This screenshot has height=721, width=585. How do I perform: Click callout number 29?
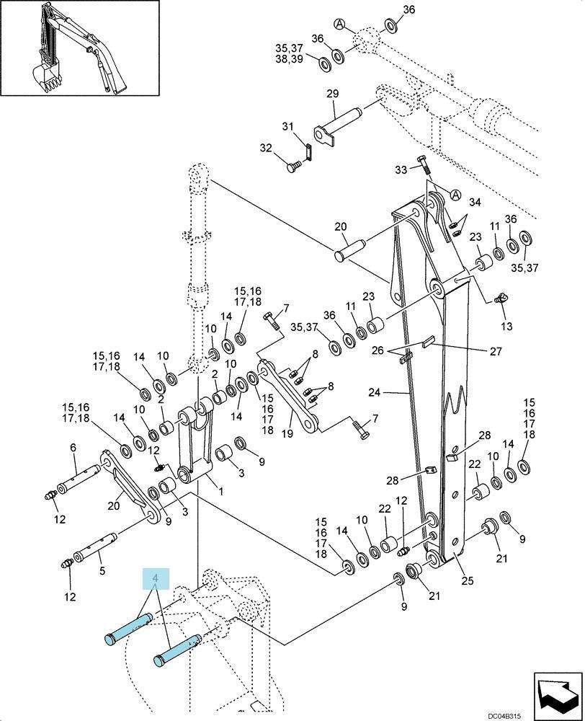(333, 94)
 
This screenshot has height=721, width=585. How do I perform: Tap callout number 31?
(287, 126)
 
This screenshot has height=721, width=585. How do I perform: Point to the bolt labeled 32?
(294, 166)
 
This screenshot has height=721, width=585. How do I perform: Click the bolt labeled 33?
(424, 167)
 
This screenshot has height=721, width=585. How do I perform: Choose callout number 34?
(475, 203)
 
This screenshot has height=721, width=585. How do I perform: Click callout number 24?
(375, 392)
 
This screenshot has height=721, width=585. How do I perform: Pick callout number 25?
(468, 580)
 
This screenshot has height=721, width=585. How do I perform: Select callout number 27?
(496, 351)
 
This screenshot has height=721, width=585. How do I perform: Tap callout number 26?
(378, 350)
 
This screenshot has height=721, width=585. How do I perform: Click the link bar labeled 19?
(290, 397)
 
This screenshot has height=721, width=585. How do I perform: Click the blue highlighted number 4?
(156, 578)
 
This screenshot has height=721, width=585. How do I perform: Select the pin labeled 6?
(78, 478)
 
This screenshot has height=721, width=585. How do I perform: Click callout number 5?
(102, 570)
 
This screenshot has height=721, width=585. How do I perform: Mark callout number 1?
(220, 492)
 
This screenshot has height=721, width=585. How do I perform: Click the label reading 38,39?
(289, 59)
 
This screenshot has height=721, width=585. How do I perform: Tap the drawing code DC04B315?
(504, 716)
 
